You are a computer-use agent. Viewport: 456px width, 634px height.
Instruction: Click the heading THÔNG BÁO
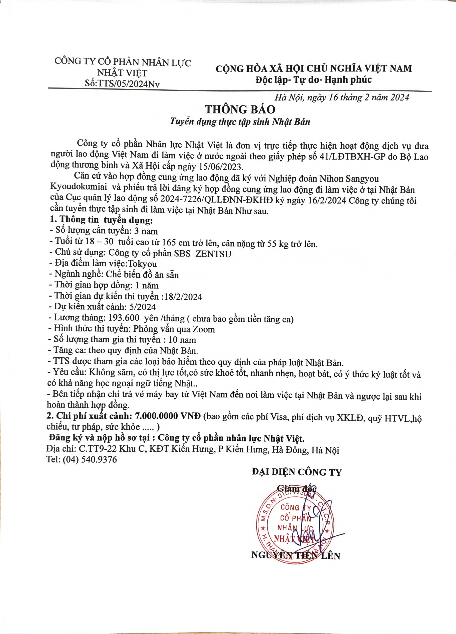[240, 109]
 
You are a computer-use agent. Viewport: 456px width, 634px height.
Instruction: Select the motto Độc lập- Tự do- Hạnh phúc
[313, 80]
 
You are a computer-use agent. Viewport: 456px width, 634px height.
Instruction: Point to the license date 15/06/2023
[222, 167]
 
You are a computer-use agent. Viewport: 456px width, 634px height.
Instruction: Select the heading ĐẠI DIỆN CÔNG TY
[297, 472]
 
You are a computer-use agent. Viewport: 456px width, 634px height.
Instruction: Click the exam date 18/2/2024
[183, 297]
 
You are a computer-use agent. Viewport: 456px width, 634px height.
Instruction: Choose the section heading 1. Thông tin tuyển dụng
[101, 220]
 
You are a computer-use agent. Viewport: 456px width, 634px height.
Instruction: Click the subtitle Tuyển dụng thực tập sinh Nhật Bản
[240, 122]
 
